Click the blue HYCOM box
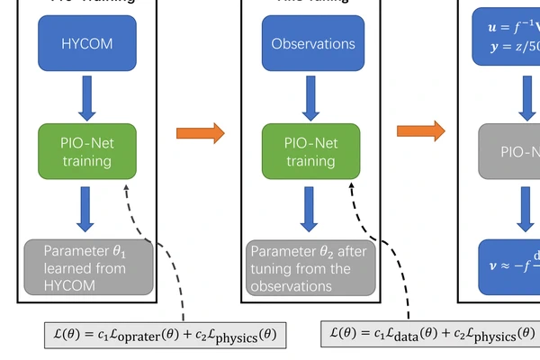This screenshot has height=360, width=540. [x=87, y=43]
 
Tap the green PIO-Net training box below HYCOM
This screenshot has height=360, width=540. [x=87, y=151]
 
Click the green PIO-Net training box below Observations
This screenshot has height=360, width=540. [x=311, y=151]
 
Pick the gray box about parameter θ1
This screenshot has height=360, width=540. [x=87, y=267]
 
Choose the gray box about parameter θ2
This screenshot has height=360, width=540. [x=310, y=267]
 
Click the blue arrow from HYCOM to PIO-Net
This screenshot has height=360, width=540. [x=87, y=97]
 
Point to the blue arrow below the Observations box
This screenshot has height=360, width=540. [x=311, y=97]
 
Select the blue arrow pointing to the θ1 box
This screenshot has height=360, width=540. [x=87, y=209]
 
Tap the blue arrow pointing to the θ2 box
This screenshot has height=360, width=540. [x=311, y=209]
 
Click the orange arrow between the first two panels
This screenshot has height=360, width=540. [x=200, y=133]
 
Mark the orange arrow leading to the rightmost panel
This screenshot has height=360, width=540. [x=421, y=131]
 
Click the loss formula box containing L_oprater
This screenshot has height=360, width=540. [x=166, y=335]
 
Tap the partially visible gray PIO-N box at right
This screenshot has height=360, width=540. [x=508, y=151]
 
